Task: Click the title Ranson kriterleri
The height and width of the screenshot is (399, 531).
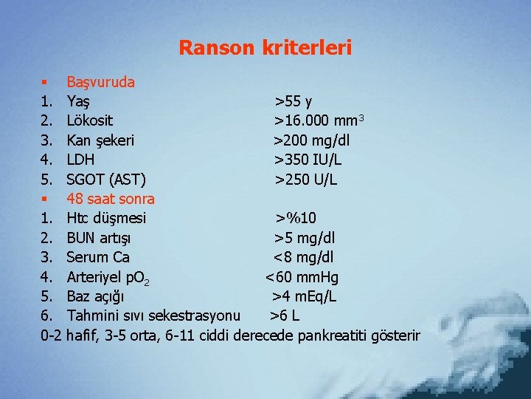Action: point(265,49)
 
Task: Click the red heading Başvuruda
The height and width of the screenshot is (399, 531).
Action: point(100,82)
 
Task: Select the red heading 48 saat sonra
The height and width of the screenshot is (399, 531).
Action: point(111,198)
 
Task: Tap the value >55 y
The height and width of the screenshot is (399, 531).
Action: point(293,101)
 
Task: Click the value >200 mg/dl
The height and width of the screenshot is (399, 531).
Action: point(312,140)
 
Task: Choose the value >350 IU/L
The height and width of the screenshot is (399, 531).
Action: point(308,159)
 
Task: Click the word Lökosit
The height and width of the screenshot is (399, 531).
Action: point(89,120)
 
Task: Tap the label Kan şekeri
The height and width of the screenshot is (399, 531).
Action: point(100,140)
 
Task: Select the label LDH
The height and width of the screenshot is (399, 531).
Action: point(80,159)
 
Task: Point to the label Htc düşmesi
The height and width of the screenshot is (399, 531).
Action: point(106,218)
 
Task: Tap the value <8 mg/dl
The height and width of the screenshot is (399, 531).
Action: point(303,257)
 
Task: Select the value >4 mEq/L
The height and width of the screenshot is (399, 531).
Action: point(304,296)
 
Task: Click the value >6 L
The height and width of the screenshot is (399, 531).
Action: point(284,316)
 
